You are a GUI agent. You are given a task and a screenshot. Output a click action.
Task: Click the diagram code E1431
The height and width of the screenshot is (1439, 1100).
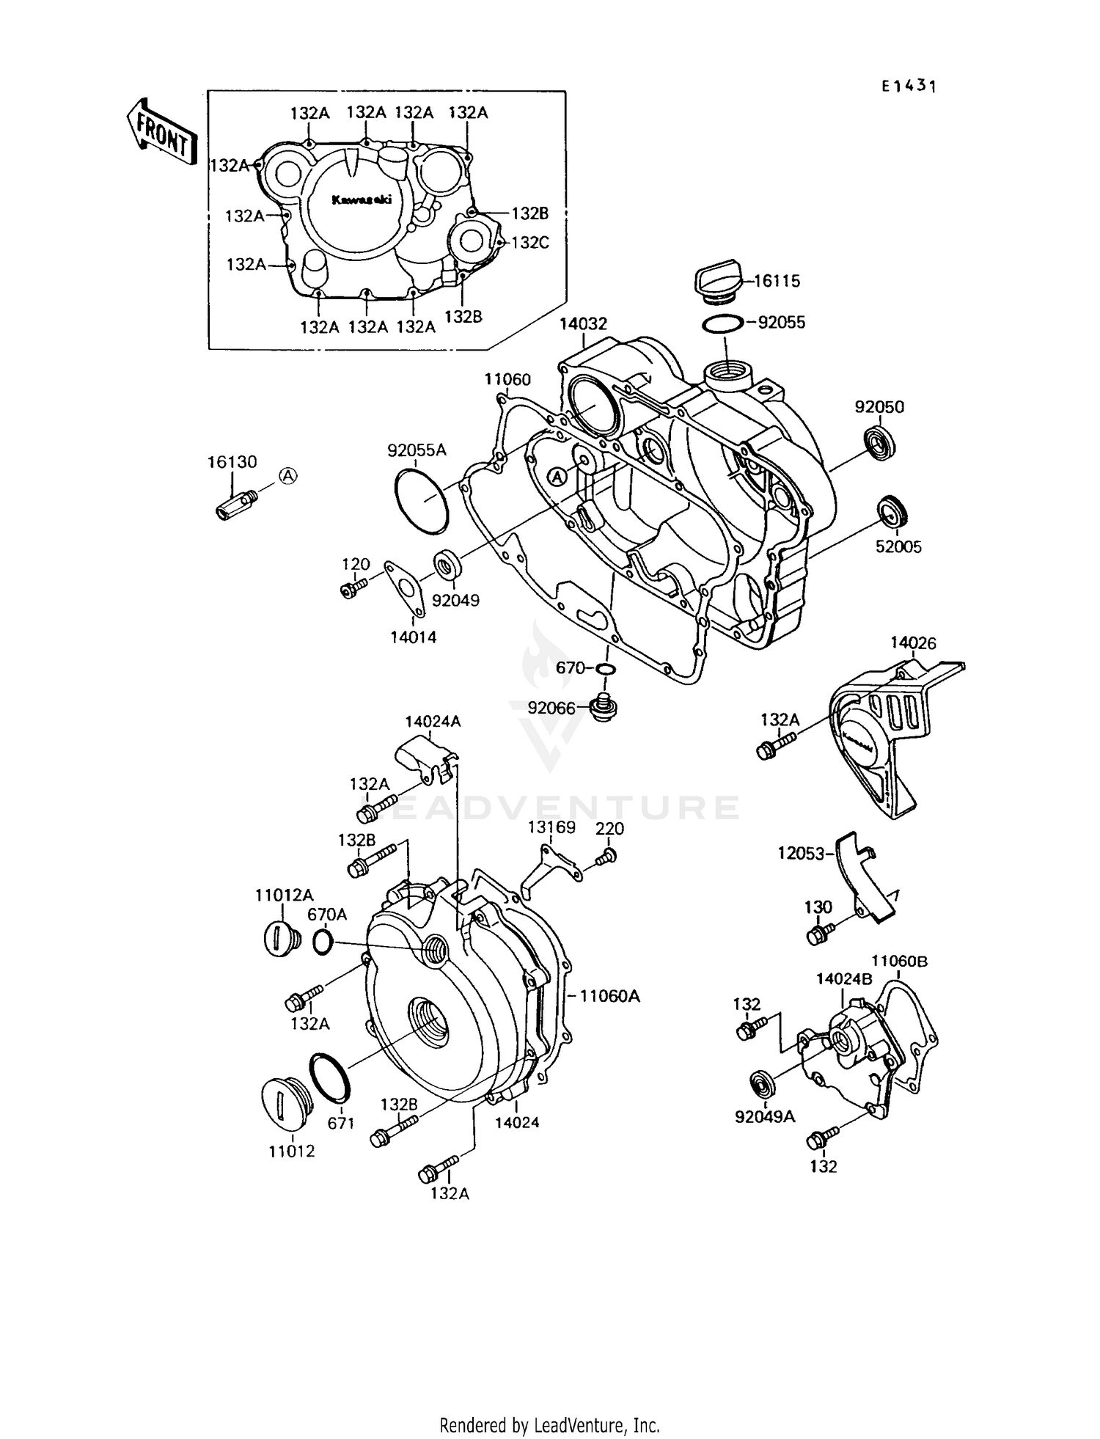(x=909, y=87)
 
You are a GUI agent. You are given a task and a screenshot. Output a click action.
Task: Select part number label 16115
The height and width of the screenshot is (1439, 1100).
(x=777, y=281)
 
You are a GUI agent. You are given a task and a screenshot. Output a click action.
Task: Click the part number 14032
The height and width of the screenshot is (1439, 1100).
(x=583, y=323)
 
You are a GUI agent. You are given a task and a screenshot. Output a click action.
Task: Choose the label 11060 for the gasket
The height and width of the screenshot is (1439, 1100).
(x=507, y=379)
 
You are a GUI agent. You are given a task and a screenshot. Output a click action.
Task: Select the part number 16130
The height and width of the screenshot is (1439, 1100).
(x=232, y=462)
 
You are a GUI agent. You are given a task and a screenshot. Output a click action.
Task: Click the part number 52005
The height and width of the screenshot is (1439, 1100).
(x=898, y=547)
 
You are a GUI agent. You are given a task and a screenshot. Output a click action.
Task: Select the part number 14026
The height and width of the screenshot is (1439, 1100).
(x=913, y=643)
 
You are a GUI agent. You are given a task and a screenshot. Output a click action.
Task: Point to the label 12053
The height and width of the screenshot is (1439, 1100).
(x=802, y=853)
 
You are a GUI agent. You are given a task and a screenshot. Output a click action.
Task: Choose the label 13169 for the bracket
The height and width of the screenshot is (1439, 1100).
(x=551, y=827)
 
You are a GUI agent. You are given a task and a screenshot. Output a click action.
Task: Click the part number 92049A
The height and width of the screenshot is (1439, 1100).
(x=765, y=1117)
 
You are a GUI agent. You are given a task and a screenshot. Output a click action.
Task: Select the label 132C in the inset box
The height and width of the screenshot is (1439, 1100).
(x=529, y=242)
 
